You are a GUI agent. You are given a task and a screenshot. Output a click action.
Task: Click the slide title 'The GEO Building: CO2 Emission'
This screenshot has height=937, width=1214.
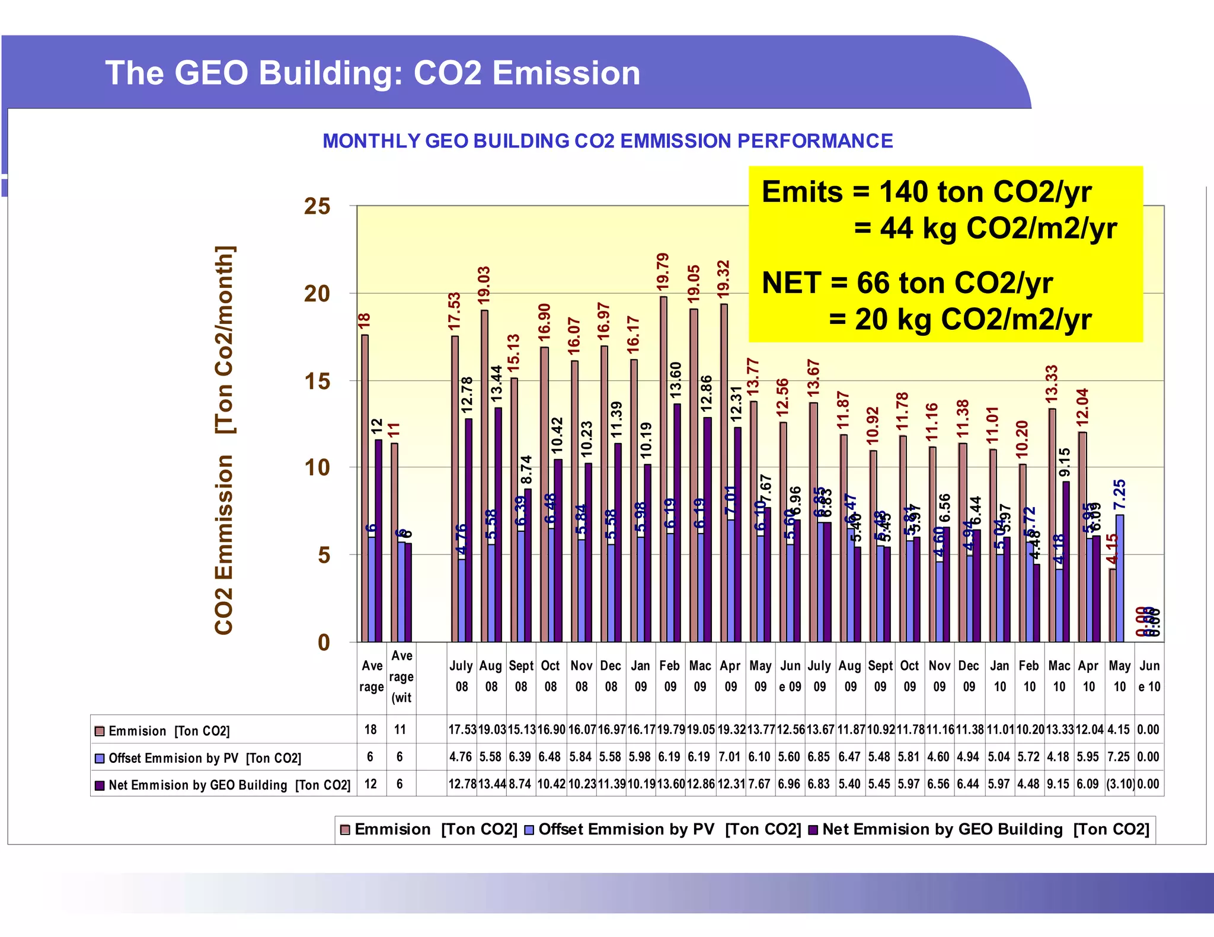pos(372,73)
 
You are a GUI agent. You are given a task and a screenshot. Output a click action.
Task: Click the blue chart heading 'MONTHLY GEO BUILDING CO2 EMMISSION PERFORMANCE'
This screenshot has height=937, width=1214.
pos(608,141)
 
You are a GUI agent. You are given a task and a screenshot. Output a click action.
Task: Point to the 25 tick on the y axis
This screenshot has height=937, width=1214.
pos(317,206)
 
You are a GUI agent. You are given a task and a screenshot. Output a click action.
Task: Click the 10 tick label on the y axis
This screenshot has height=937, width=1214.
pos(317,468)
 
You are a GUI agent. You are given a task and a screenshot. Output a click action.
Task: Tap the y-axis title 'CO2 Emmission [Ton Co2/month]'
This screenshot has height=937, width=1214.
pos(224,439)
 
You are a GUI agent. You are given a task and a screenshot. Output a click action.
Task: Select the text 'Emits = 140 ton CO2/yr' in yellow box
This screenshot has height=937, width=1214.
pos(926,192)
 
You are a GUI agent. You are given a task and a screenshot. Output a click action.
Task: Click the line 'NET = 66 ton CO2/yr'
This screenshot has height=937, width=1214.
pos(907,283)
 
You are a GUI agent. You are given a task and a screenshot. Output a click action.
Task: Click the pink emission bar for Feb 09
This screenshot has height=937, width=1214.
pos(663,468)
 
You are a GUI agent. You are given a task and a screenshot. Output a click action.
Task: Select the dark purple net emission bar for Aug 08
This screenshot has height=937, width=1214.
pos(498,524)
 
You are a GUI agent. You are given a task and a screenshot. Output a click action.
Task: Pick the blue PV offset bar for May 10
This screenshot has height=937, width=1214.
pos(1119,577)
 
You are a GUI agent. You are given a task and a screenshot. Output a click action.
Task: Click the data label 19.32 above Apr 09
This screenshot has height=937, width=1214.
pos(723,278)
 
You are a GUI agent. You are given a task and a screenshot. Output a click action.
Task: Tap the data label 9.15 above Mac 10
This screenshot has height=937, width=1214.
pos(1065,462)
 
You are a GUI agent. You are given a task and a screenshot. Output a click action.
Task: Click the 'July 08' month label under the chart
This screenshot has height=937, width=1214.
pos(461,676)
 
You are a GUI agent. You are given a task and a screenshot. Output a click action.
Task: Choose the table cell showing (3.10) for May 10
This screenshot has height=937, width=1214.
pos(1120,784)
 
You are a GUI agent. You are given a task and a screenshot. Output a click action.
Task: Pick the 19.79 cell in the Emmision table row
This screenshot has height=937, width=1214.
pos(670,730)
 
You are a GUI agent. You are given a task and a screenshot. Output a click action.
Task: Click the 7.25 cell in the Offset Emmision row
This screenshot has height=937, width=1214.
pos(1119,757)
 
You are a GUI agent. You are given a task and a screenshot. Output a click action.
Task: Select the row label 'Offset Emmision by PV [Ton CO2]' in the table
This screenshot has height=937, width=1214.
pos(205,758)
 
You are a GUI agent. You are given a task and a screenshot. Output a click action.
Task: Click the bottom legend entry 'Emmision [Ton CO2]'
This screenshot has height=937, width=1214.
pos(436,830)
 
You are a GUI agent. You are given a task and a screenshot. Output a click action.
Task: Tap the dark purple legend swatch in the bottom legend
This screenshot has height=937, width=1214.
pos(813,830)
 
